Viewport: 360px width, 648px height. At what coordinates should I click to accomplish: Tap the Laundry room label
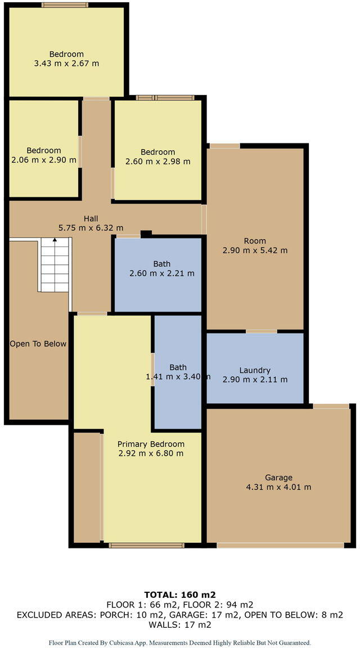point(255,370)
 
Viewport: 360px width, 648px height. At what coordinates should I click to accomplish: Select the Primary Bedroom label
point(151,443)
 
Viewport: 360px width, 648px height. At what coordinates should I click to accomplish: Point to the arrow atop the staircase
point(55,240)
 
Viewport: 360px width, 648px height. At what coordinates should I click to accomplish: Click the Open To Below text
point(38,344)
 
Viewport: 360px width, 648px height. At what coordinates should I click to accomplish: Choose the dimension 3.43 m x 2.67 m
point(66,64)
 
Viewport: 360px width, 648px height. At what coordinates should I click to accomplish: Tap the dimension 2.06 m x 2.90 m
point(43,160)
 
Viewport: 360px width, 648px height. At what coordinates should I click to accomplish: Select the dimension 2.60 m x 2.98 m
point(157,161)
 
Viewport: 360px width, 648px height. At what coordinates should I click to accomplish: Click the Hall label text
point(91,218)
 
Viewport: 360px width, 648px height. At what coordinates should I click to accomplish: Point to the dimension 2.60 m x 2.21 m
point(161,273)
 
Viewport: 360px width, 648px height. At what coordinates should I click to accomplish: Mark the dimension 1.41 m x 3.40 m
point(178,377)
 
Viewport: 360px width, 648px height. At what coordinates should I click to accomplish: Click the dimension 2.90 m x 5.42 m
point(255,250)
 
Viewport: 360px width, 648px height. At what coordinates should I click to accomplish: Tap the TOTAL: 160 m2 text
point(180,594)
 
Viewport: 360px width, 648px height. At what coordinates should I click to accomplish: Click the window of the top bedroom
point(65,5)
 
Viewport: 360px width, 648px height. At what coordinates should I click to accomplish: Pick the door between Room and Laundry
point(261,331)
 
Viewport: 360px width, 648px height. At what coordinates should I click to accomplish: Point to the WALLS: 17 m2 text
point(180,624)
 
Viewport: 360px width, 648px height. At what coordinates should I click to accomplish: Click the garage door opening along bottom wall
point(280,544)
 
